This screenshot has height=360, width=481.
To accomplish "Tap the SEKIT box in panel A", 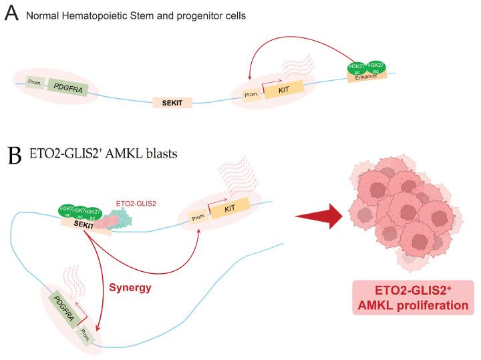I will tap(172, 103).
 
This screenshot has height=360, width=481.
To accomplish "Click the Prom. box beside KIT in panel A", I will tap(251, 95).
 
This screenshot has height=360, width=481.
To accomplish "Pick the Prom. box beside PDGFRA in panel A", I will tap(35, 83).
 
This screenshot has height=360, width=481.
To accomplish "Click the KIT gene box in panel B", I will tap(230, 208).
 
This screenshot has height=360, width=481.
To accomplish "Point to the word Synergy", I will tap(130, 289).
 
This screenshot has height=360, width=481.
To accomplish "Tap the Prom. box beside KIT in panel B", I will tap(198, 216).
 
